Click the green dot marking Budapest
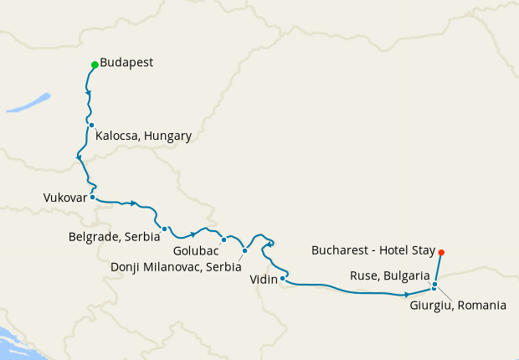click(x=94, y=64)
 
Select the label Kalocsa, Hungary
click(x=144, y=136)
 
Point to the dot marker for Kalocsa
click(x=91, y=125)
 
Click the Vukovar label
click(x=64, y=198)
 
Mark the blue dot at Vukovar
click(x=92, y=198)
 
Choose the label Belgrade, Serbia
click(x=114, y=237)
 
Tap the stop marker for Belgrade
click(x=165, y=229)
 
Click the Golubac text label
click(x=197, y=250)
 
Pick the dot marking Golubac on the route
click(x=224, y=239)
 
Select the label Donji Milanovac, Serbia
click(x=176, y=266)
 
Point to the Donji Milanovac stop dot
click(x=244, y=250)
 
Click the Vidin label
click(x=264, y=281)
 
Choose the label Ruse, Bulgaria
click(x=390, y=275)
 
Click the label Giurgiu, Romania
click(x=458, y=306)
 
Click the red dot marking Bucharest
click(x=441, y=252)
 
